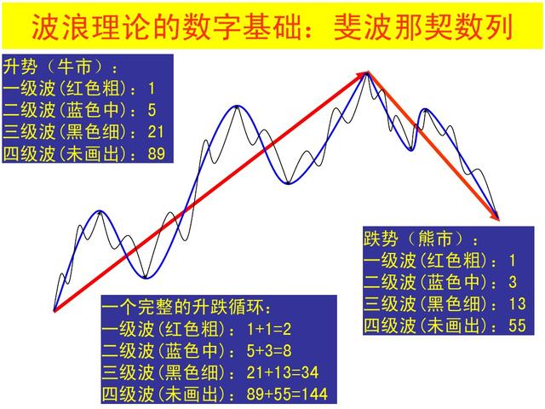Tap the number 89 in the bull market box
pyautogui.click(x=158, y=154)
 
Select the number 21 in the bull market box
pyautogui.click(x=158, y=132)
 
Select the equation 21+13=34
pyautogui.click(x=281, y=372)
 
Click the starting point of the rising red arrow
pyautogui.click(x=54, y=310)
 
